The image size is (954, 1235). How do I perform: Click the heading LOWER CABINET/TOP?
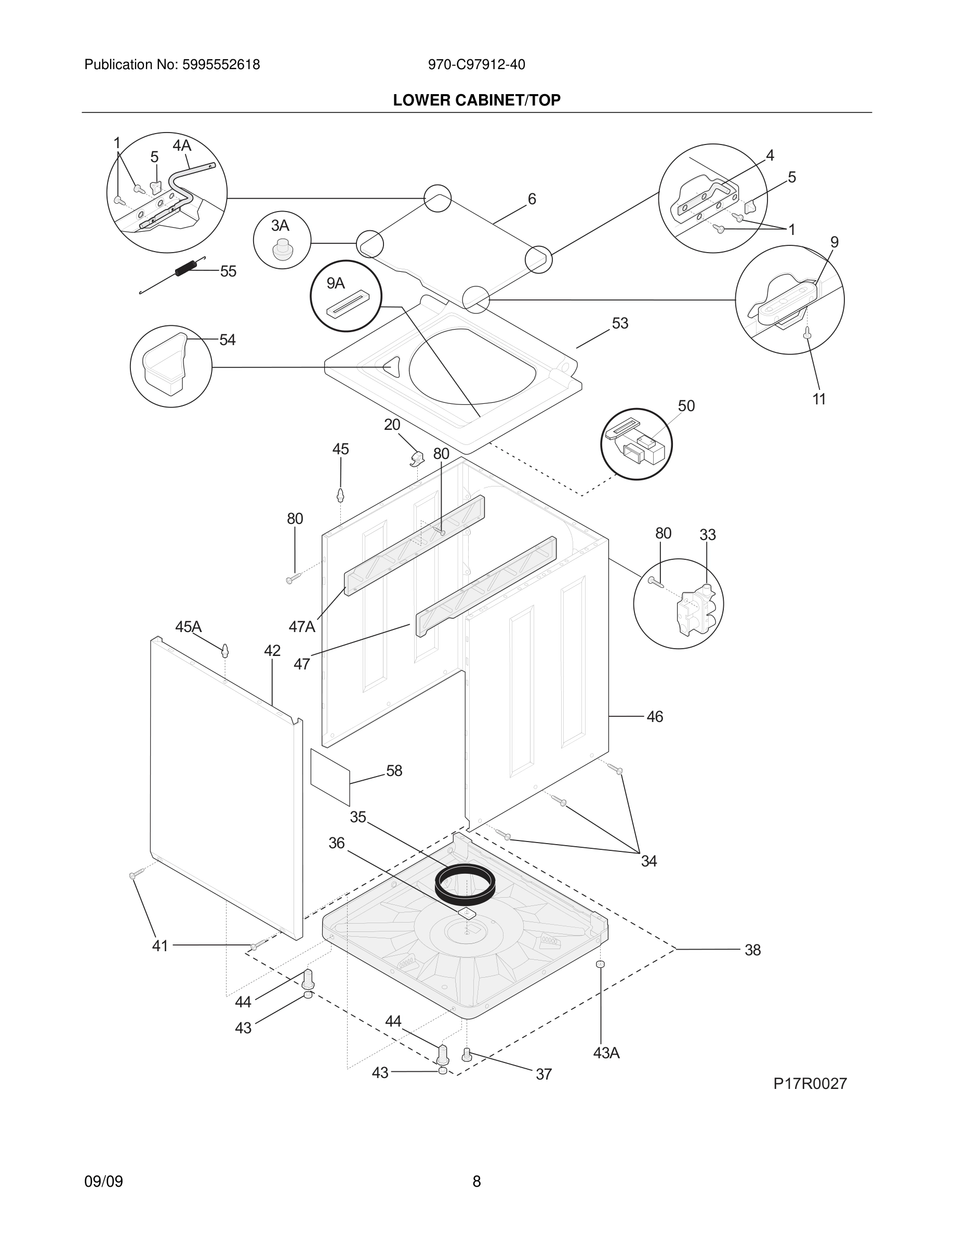click(476, 100)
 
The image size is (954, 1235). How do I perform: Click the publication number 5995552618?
click(220, 65)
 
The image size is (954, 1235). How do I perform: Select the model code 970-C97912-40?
click(476, 65)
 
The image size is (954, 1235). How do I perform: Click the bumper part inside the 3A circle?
click(283, 249)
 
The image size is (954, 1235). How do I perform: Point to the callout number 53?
click(620, 323)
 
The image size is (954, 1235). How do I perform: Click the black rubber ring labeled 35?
click(465, 883)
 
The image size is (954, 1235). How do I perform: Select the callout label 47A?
click(302, 626)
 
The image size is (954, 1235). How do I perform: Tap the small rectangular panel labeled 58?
click(330, 777)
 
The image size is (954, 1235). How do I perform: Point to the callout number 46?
click(655, 717)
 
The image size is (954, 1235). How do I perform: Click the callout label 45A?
click(188, 627)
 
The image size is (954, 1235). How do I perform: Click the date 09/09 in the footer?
click(103, 1181)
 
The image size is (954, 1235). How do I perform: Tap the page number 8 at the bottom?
click(476, 1181)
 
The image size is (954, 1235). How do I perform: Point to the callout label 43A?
click(606, 1053)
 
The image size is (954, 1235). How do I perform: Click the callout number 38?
click(752, 950)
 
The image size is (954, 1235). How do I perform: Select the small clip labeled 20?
click(417, 458)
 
